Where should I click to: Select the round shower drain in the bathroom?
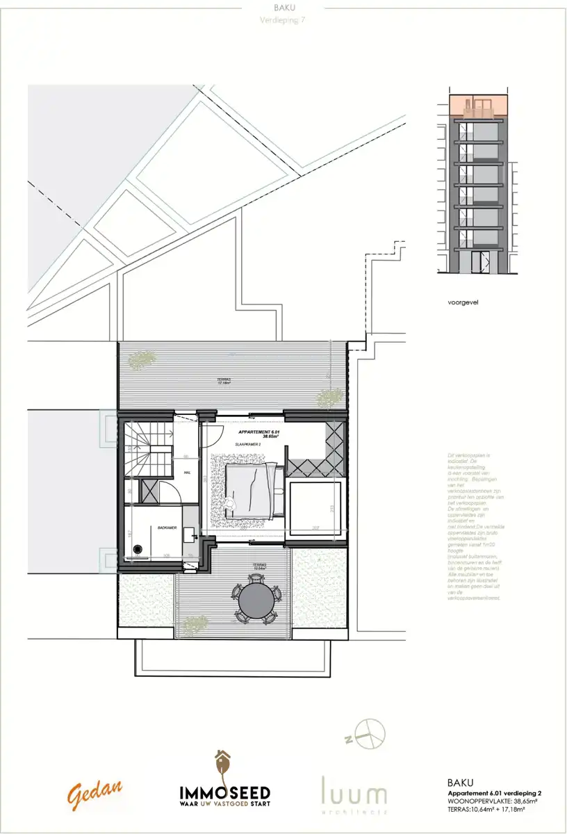138,548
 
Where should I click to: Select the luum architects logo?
354,794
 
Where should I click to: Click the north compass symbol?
370,734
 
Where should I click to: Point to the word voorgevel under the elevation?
465,303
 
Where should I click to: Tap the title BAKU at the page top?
283,9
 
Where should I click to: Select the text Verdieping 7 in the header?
283,20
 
